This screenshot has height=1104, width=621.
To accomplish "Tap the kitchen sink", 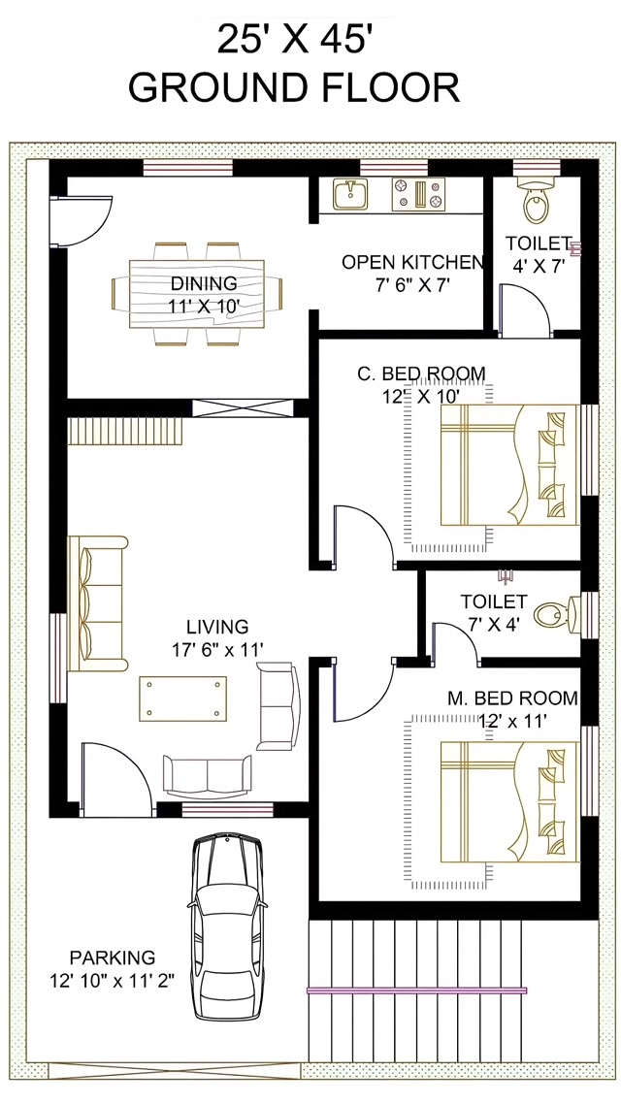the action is (x=350, y=194).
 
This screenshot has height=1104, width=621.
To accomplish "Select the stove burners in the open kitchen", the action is (x=418, y=194).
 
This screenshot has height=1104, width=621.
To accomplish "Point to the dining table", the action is (x=196, y=293).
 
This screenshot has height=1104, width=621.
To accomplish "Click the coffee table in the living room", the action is (x=183, y=698).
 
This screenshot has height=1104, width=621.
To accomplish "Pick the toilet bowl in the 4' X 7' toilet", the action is (x=537, y=202).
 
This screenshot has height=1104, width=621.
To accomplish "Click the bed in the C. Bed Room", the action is (x=509, y=465).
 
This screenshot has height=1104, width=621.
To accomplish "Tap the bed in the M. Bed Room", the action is (x=509, y=801).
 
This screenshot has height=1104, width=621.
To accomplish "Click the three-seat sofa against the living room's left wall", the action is (x=98, y=603).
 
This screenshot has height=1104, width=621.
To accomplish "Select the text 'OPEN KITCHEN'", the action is (x=412, y=263).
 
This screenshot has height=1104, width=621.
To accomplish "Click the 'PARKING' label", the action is (x=112, y=958).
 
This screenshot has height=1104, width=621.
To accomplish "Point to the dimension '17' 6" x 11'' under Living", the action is (x=217, y=649).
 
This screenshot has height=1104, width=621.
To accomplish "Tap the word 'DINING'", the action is (x=204, y=283).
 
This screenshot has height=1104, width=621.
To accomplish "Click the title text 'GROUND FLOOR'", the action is (x=294, y=87).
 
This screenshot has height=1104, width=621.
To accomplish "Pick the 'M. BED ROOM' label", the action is (x=512, y=698).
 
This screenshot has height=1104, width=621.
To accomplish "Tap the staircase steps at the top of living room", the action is (x=125, y=431).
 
